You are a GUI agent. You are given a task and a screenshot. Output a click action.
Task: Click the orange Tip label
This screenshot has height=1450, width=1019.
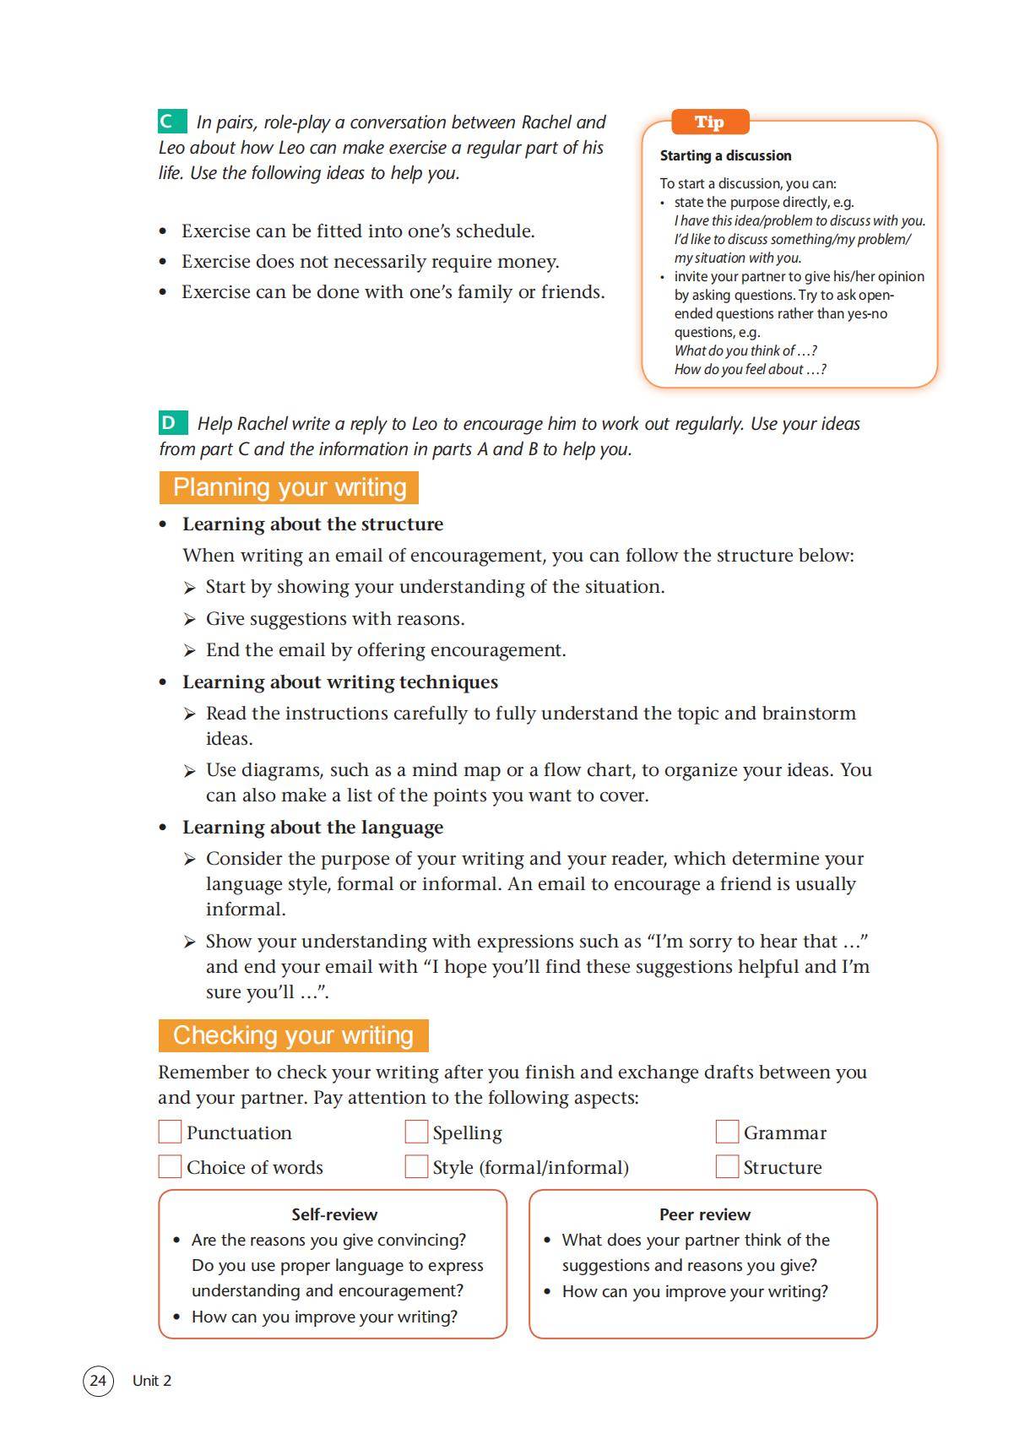[x=709, y=122]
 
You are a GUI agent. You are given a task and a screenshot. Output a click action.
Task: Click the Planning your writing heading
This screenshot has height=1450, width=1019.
[x=289, y=487]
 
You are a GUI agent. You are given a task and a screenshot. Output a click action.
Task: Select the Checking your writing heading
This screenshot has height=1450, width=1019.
[x=293, y=1035]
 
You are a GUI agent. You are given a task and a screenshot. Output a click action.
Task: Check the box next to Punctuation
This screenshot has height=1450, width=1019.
[x=170, y=1132]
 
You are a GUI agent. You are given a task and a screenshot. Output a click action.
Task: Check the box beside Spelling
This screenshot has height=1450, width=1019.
[x=416, y=1132]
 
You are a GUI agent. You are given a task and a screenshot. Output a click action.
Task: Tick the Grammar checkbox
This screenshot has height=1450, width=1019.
[x=727, y=1132]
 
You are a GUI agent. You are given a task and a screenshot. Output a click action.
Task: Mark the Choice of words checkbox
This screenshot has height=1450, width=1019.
[x=170, y=1166]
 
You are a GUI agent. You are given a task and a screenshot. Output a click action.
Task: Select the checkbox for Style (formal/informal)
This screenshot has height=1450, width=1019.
[x=416, y=1166]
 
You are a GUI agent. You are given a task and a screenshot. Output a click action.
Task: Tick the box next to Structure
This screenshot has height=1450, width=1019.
[x=727, y=1166]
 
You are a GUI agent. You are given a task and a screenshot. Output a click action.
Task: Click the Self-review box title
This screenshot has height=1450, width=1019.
[x=334, y=1214]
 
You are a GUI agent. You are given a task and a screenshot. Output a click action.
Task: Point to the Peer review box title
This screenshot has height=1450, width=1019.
[x=704, y=1214]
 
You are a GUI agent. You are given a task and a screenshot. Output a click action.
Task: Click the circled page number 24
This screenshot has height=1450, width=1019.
[x=98, y=1381]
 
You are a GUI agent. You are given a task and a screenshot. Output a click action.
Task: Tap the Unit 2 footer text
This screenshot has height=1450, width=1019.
[x=152, y=1381]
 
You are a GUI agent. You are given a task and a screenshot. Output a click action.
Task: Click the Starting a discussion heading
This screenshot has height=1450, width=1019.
[x=725, y=155]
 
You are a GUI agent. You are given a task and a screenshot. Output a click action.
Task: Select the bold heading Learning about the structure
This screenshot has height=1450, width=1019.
[x=312, y=524]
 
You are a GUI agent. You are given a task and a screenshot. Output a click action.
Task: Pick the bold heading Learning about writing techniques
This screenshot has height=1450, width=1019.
[x=339, y=682]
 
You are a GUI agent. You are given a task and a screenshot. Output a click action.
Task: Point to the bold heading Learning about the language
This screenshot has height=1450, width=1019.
[x=312, y=827]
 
